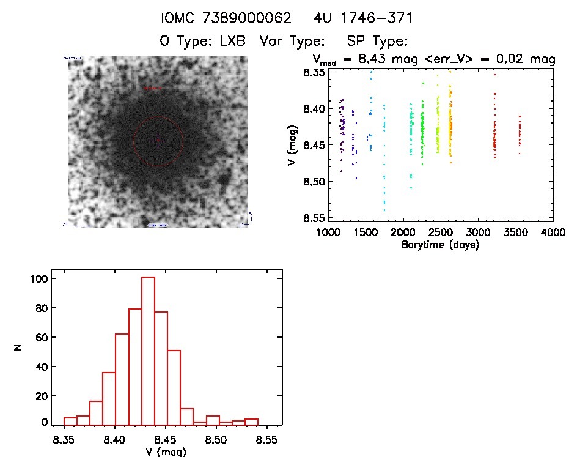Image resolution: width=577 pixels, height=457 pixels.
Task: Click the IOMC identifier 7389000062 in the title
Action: (x=239, y=18)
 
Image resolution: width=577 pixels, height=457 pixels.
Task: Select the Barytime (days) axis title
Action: (x=440, y=245)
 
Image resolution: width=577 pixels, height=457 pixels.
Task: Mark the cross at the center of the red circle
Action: (x=158, y=141)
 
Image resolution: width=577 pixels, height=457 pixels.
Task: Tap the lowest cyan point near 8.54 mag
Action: (x=384, y=210)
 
